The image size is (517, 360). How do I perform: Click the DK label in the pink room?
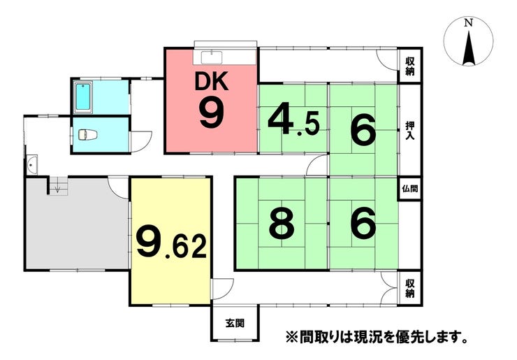point(211,83)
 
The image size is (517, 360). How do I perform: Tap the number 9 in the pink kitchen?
point(211,114)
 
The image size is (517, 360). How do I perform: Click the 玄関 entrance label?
point(235,323)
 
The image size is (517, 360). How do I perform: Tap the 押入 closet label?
point(410,131)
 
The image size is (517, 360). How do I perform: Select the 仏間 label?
point(410,189)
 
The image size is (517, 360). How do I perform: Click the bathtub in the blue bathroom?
point(84,98)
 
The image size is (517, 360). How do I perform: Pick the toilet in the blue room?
point(88,134)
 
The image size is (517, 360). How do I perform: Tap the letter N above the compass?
point(469,23)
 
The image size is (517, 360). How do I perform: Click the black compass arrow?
point(469,49)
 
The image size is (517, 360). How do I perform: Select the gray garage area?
point(73,224)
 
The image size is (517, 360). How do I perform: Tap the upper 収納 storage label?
point(410,67)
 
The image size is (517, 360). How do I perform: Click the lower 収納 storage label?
point(410,289)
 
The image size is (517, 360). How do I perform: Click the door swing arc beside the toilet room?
point(143,140)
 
